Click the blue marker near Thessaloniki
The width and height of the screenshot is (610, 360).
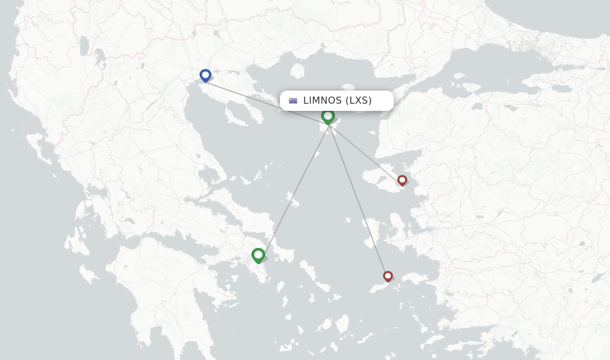[x=206, y=75]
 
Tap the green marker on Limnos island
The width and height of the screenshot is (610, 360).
[x=328, y=116]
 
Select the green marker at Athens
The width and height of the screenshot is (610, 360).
[x=258, y=255]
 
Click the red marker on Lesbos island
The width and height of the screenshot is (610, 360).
[x=402, y=180]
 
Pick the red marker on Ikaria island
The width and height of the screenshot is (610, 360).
[x=388, y=276]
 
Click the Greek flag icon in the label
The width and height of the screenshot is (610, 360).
[x=293, y=101]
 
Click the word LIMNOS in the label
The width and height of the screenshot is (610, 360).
[x=322, y=101]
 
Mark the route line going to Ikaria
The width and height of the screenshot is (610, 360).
[x=357, y=200]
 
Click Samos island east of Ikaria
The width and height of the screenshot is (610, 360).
[x=413, y=278]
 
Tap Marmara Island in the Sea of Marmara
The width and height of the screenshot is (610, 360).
[x=459, y=76]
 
